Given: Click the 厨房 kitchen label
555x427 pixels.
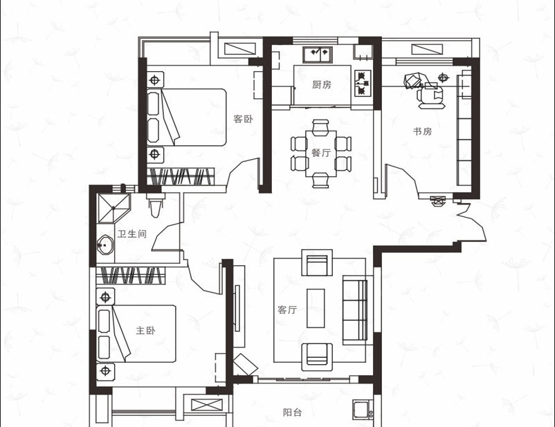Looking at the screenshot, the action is click(322, 84).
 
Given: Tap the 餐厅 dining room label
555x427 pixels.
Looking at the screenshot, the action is click(321, 153).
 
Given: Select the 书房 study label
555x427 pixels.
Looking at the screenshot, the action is click(423, 131).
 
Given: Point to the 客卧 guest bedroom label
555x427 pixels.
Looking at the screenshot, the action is click(243, 119).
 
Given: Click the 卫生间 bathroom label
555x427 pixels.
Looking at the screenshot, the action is click(132, 234).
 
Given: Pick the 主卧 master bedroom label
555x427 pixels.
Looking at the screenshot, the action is click(146, 330).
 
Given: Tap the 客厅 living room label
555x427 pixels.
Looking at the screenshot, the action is click(287, 310).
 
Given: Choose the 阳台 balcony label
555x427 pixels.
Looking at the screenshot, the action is click(292, 412).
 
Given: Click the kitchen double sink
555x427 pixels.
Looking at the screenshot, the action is click(318, 55).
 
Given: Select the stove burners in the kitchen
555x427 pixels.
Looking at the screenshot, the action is click(363, 84).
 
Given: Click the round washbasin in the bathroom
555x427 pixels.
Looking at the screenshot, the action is click(105, 245).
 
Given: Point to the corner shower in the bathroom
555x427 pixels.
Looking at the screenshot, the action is click(113, 208).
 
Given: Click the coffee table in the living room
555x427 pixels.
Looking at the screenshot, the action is click(316, 308).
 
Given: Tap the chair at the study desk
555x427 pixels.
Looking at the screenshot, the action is click(430, 95).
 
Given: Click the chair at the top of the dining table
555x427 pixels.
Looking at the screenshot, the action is click(320, 127).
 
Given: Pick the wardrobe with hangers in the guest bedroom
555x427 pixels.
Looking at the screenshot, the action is click(181, 176).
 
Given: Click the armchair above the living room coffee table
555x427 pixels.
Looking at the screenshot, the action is click(317, 263).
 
